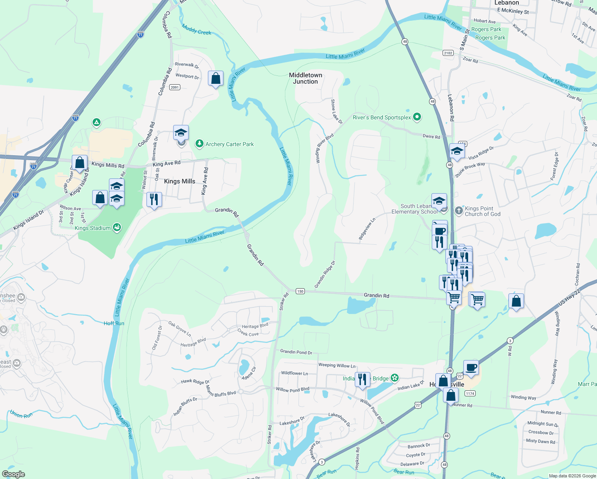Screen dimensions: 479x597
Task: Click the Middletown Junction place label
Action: pyautogui.click(x=305, y=78)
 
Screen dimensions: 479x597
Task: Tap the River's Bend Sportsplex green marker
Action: pyautogui.click(x=417, y=117)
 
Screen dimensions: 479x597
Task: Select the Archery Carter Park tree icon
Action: pyautogui.click(x=199, y=143)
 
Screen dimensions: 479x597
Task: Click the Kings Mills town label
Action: pyautogui.click(x=180, y=181)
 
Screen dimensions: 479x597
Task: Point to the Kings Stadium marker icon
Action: pyautogui.click(x=117, y=228)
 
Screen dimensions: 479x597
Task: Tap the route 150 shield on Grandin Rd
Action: pyautogui.click(x=300, y=291)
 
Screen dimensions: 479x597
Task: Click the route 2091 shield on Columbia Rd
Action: pyautogui.click(x=174, y=87)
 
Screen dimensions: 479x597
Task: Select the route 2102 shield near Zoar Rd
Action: pyautogui.click(x=448, y=53)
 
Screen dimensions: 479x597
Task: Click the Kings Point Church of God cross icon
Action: pyautogui.click(x=459, y=210)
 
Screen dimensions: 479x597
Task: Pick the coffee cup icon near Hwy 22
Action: pyautogui.click(x=471, y=367)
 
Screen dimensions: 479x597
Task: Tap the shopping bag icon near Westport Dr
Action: pyautogui.click(x=215, y=79)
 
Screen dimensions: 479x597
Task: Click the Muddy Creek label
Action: pyautogui.click(x=196, y=30)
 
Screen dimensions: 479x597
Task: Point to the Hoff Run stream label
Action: pyautogui.click(x=114, y=323)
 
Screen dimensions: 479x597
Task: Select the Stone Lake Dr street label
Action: pyautogui.click(x=336, y=111)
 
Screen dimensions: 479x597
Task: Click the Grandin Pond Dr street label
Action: pyautogui.click(x=296, y=352)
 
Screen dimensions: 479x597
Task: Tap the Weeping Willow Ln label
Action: pyautogui.click(x=336, y=365)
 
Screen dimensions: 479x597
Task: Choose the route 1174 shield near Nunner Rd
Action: pyautogui.click(x=470, y=394)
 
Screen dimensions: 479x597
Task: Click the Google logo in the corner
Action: pyautogui.click(x=13, y=474)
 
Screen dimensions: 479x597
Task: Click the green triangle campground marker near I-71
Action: pyautogui.click(x=96, y=122)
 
